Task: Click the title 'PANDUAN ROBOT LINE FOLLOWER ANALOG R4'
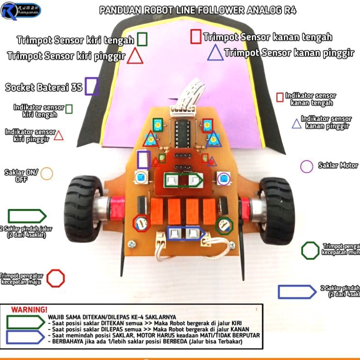(x=198, y=11)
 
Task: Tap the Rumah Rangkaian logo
(x=21, y=11)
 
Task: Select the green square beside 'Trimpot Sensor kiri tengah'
(x=142, y=39)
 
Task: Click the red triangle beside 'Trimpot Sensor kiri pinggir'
(x=136, y=56)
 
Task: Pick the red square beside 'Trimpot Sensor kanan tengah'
(x=196, y=37)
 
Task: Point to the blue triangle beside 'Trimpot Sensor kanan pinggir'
(x=216, y=52)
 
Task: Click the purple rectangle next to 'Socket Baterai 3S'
(x=92, y=87)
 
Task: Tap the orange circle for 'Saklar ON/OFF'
(x=47, y=173)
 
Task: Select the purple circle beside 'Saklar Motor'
(x=306, y=166)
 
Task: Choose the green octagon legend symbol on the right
(x=310, y=250)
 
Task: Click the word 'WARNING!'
(x=29, y=310)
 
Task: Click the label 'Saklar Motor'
(x=338, y=166)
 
